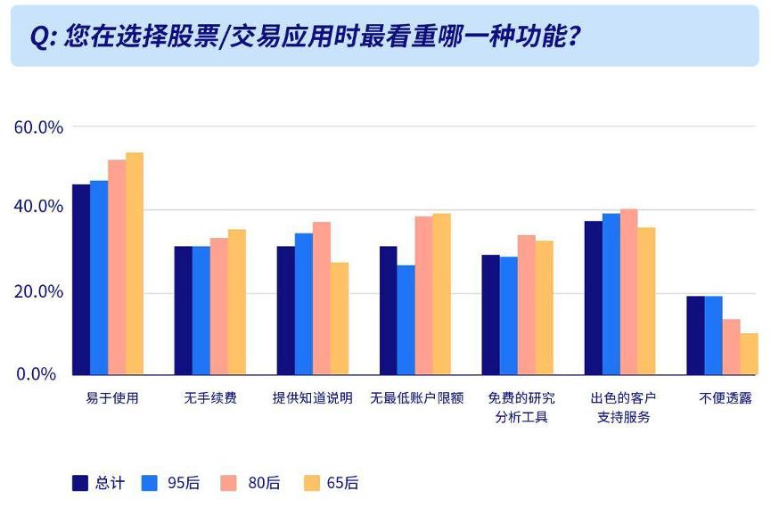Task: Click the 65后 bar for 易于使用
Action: [135, 264]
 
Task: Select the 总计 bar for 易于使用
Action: [81, 280]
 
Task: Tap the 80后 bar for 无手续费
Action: [218, 307]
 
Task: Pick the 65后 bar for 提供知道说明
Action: [340, 319]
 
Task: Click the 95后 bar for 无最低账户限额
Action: [406, 320]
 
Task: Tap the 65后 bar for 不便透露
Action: [749, 354]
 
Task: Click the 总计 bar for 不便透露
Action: [695, 335]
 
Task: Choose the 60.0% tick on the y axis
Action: [39, 127]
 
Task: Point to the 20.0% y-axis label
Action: [39, 292]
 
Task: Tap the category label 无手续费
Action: [210, 398]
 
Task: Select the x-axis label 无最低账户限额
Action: [417, 398]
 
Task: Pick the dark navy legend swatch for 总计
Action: [80, 483]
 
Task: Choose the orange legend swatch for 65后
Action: [311, 483]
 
